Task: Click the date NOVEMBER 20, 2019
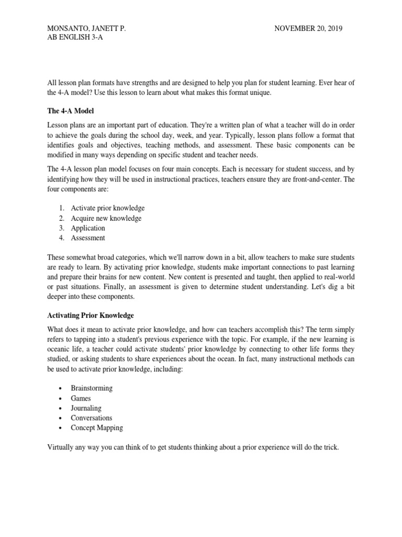[308, 28]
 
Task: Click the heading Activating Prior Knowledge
[91, 315]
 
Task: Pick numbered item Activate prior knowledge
[108, 208]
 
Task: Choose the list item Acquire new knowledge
[106, 218]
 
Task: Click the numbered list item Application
[88, 228]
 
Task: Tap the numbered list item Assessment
[88, 238]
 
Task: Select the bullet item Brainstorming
[92, 389]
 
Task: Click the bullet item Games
[81, 399]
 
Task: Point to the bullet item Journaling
[86, 408]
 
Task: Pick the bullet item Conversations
[92, 418]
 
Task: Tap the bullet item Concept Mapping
[97, 427]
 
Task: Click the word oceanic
[59, 350]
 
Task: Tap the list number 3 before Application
[61, 228]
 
